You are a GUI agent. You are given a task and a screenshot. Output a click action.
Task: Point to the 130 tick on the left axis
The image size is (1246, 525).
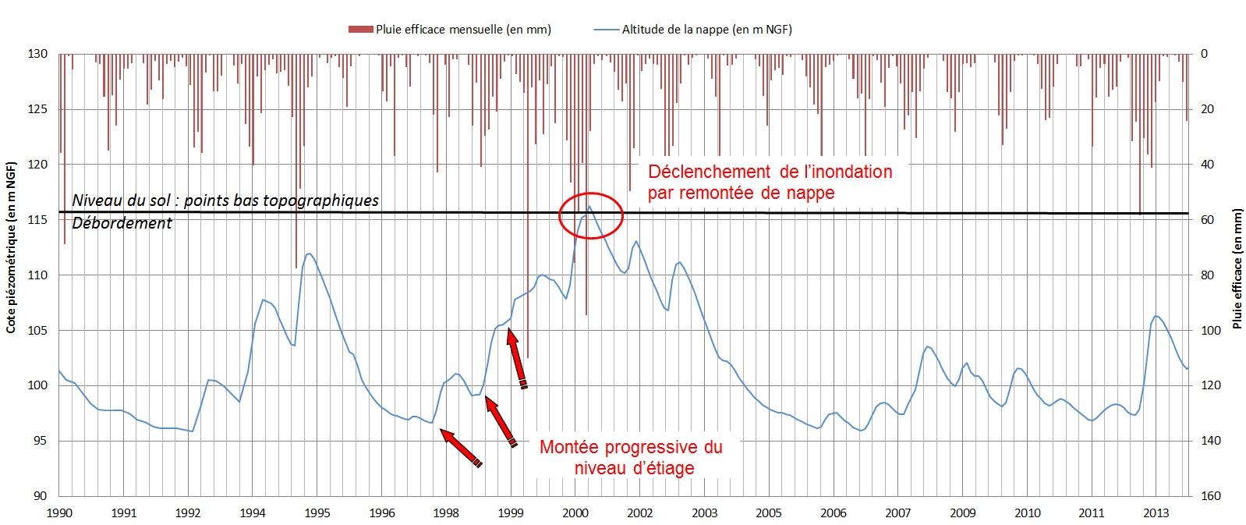point(40,54)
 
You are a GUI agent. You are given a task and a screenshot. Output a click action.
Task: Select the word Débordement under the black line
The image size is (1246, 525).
point(122,223)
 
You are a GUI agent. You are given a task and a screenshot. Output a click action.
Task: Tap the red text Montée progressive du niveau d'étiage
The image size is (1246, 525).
point(631,457)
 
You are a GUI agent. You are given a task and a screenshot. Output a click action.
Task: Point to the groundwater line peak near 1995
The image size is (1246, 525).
point(309,254)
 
